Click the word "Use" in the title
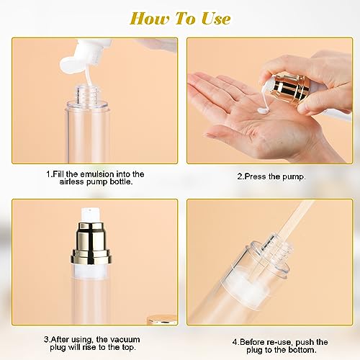(x=215, y=18)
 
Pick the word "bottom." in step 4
(x=302, y=350)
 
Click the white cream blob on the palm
(x=264, y=111)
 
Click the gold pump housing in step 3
(x=91, y=243)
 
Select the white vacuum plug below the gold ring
(x=91, y=270)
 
